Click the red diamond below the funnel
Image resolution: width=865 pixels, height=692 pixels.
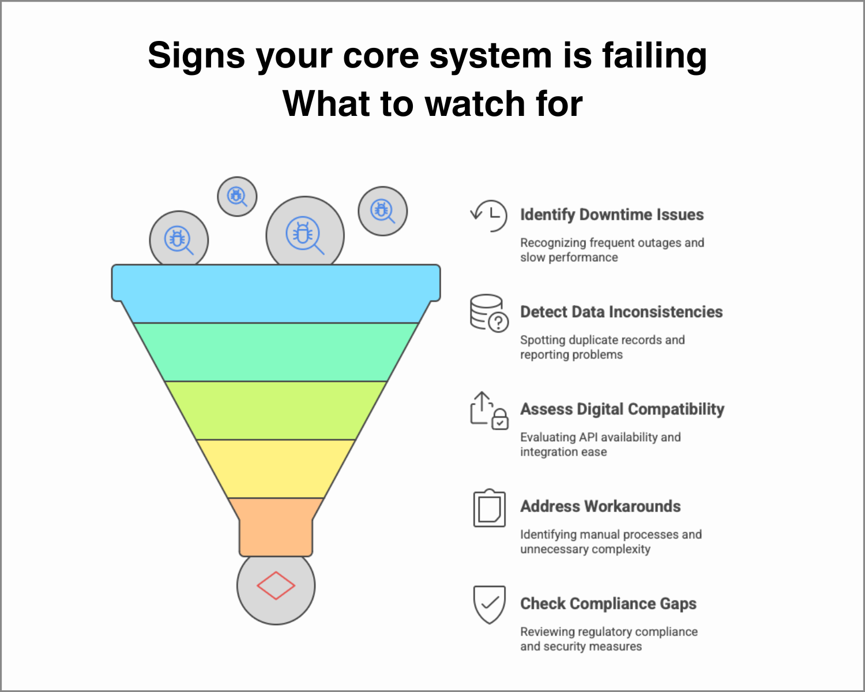coord(276,585)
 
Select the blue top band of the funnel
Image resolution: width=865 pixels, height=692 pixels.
coord(276,294)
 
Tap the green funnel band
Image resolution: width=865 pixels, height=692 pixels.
coord(276,352)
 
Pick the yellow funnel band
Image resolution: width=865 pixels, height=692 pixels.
coord(276,469)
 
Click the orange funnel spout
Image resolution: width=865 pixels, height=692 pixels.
coord(276,527)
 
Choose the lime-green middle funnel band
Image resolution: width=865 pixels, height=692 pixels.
coord(276,411)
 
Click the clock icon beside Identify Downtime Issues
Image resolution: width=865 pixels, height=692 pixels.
coord(489,216)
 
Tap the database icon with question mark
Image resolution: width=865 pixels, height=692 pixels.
coord(489,313)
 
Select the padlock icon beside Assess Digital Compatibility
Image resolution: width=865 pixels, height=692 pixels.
coord(499,419)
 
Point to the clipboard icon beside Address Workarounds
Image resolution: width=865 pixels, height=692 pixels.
coord(489,508)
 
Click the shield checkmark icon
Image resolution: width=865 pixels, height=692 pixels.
coord(489,605)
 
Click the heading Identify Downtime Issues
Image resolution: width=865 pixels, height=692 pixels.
coord(612,215)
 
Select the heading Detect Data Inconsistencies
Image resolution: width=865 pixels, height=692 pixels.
coord(622,312)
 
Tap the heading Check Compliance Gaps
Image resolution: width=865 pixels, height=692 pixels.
coord(608,604)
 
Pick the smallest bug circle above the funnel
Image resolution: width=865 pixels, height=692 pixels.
coord(237,197)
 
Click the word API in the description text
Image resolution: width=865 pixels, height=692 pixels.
coord(589,437)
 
